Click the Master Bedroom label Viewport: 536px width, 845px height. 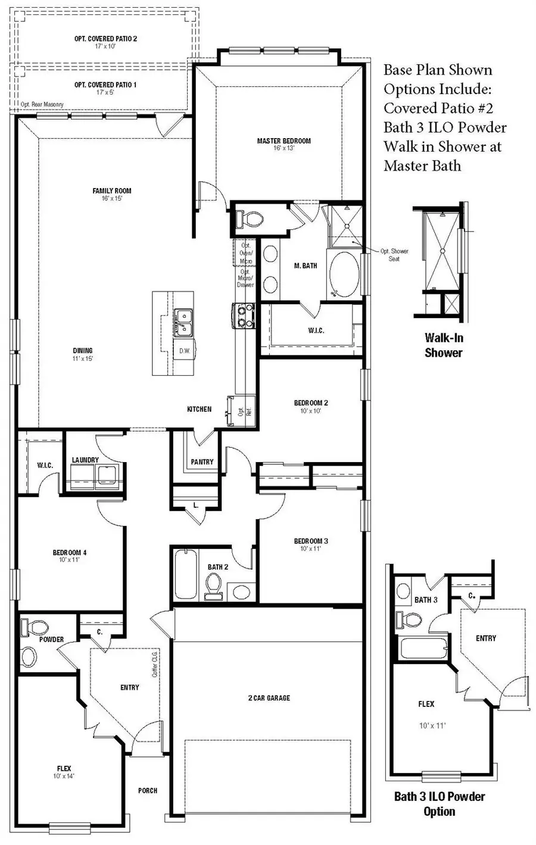click(x=283, y=141)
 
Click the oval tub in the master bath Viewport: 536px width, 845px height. click(x=343, y=274)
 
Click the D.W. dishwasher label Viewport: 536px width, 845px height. click(x=185, y=351)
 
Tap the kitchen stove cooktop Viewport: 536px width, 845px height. click(x=244, y=316)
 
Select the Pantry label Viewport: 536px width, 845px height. click(x=202, y=462)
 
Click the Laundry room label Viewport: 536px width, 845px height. click(x=85, y=460)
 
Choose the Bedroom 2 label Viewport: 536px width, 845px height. click(x=311, y=403)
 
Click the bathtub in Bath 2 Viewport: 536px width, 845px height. click(x=186, y=575)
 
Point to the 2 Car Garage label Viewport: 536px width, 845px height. click(x=269, y=697)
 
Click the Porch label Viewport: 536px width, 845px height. click(x=148, y=790)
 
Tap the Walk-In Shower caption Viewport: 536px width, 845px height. click(x=443, y=345)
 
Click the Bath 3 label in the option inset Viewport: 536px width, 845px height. click(x=426, y=600)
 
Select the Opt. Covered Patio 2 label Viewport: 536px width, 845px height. click(x=105, y=39)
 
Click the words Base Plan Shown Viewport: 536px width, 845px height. click(x=438, y=70)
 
